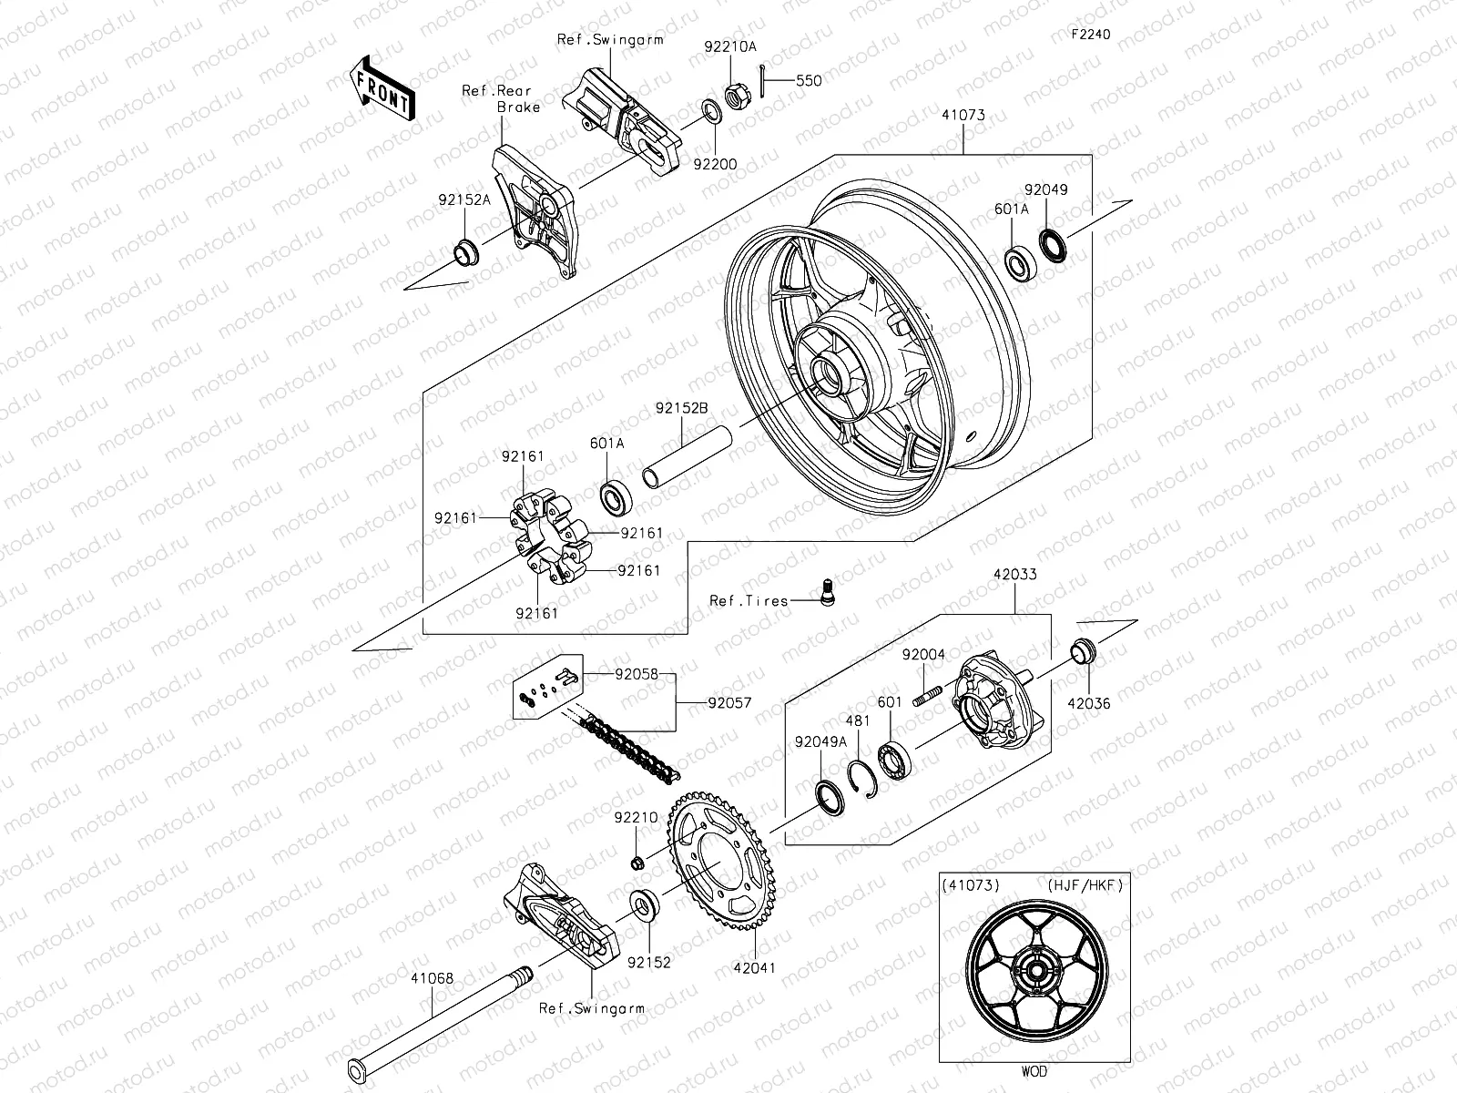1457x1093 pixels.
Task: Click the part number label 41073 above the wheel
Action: (x=964, y=116)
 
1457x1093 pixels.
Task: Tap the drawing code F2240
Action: (x=1090, y=35)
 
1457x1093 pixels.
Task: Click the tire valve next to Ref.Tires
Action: (x=828, y=592)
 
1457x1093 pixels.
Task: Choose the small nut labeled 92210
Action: (x=640, y=861)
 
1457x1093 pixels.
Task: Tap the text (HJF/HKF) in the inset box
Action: (x=1085, y=884)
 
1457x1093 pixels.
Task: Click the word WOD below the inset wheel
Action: (x=1035, y=1071)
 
